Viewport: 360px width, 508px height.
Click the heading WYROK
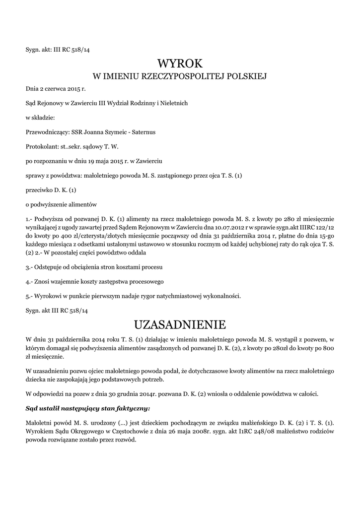[x=180, y=63]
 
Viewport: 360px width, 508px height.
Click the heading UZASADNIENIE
[x=180, y=324]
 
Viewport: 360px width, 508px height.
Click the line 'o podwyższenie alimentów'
[x=61, y=204]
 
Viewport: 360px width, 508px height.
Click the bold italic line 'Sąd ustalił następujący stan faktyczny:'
[x=87, y=409]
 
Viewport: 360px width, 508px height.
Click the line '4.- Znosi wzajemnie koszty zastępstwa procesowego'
[x=94, y=281]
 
